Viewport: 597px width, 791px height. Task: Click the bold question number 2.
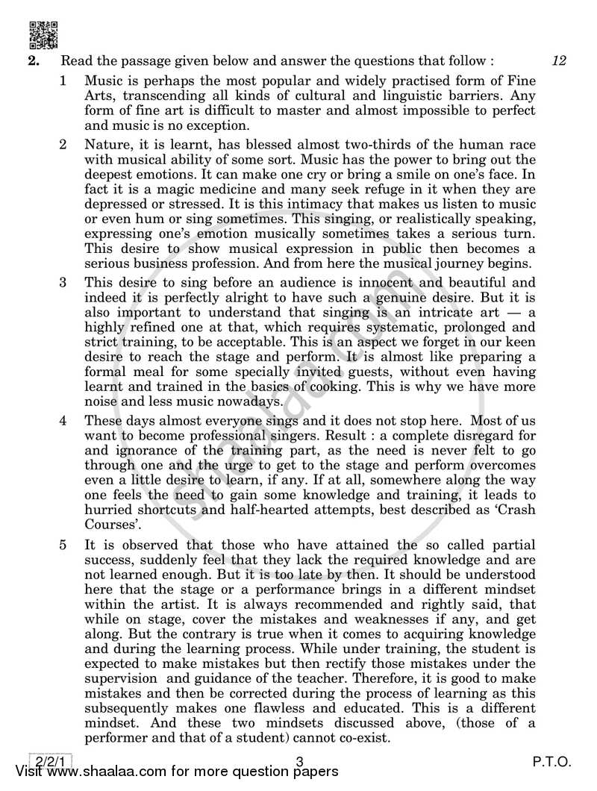[33, 63]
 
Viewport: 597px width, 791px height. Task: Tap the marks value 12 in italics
[559, 62]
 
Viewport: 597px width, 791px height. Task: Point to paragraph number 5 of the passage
[65, 526]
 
